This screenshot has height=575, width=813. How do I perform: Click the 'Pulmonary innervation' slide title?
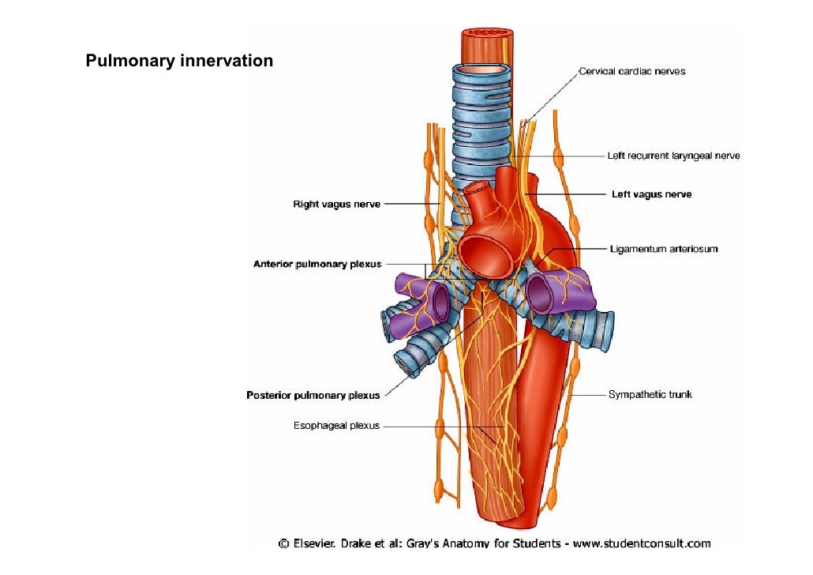coord(179,60)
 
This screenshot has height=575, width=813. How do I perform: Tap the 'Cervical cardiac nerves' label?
coord(631,71)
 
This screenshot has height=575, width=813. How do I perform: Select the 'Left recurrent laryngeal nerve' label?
coord(673,156)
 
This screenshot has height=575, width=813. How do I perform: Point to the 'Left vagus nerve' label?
coord(651,194)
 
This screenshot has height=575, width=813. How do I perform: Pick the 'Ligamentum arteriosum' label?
coord(664,249)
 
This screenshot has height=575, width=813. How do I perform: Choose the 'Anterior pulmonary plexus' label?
coord(317,264)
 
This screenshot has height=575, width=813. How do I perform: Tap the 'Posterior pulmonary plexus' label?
coord(313,395)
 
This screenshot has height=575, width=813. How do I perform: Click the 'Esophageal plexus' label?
coord(336,426)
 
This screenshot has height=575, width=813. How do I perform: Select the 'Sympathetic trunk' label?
coord(650,393)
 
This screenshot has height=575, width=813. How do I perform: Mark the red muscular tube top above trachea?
coord(486,35)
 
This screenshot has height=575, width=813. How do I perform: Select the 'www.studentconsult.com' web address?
coord(642,543)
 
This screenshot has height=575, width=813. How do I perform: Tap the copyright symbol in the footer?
coord(283,543)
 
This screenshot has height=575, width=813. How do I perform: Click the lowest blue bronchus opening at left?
coord(408,363)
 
